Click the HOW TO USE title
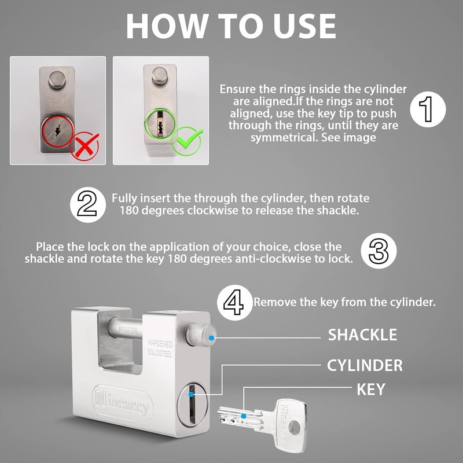(x=231, y=25)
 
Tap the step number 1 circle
(x=428, y=109)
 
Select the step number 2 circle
(x=87, y=204)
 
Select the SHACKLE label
(x=362, y=335)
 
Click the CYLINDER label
(x=365, y=365)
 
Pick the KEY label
(x=370, y=389)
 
